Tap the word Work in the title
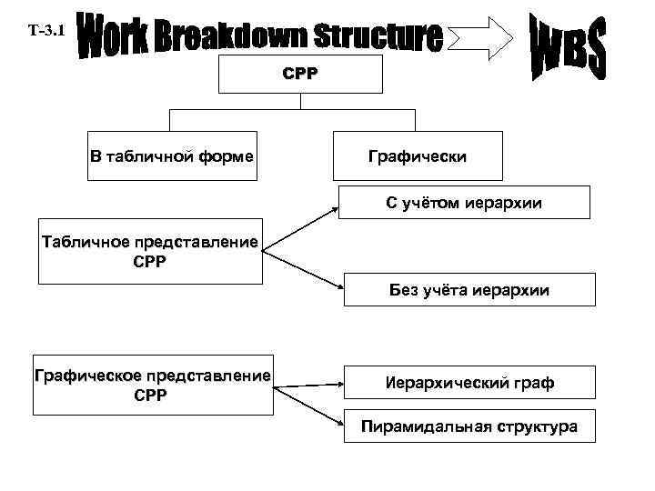tap(110, 35)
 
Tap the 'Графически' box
tap(418, 156)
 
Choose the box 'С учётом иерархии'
tap(463, 203)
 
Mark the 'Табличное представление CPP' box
tap(149, 251)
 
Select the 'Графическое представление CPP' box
tap(152, 386)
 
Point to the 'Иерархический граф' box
tap(469, 384)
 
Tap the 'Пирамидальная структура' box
tap(469, 426)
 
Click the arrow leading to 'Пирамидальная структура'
tap(309, 406)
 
